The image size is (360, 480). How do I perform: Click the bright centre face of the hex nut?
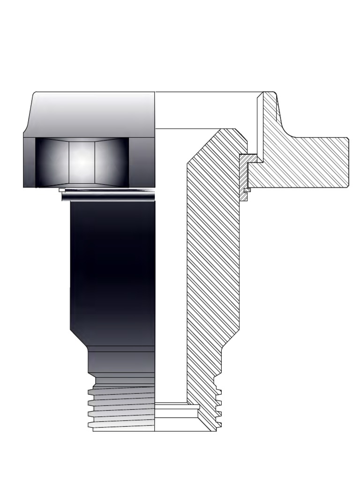tap(82, 161)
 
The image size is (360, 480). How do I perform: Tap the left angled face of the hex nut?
tap(52, 161)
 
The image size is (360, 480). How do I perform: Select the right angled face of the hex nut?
tap(112, 161)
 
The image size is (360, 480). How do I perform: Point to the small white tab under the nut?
tap(62, 190)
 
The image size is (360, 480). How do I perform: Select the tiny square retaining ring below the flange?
tap(247, 190)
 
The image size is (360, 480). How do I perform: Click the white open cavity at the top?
tap(206, 110)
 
